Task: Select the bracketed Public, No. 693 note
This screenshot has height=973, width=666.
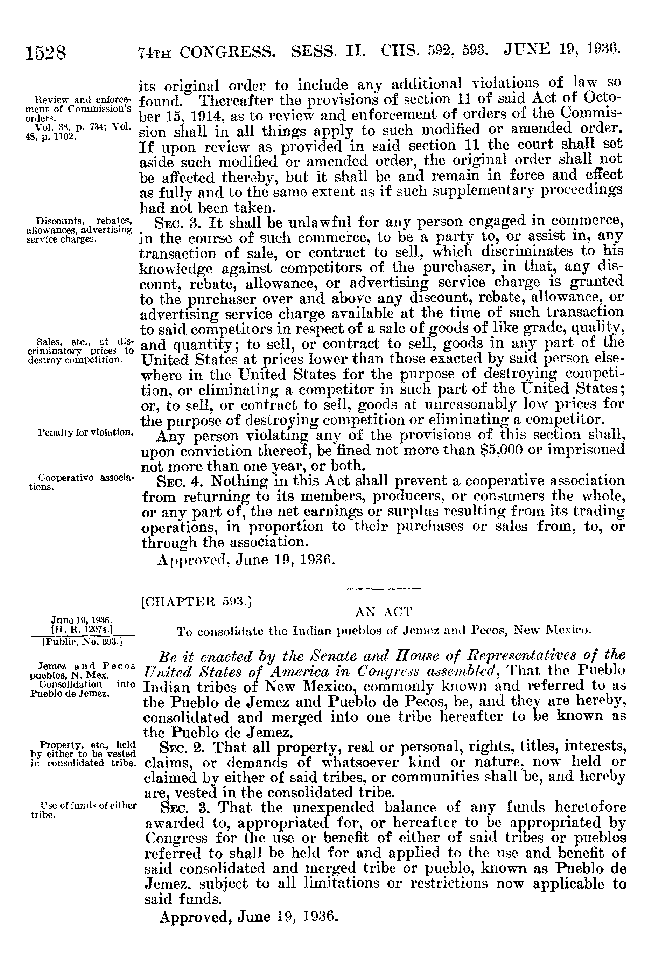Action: coord(79,641)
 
